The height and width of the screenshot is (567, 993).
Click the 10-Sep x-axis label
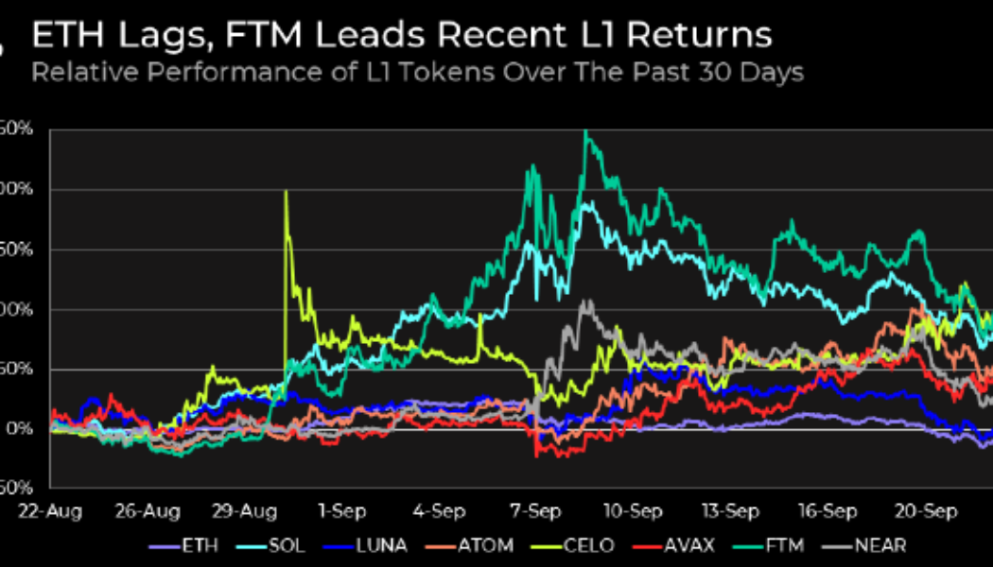[633, 511]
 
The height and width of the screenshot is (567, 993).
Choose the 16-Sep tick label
[828, 511]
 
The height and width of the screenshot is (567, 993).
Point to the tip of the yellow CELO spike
[286, 192]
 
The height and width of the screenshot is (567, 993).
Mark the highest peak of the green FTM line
[586, 132]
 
